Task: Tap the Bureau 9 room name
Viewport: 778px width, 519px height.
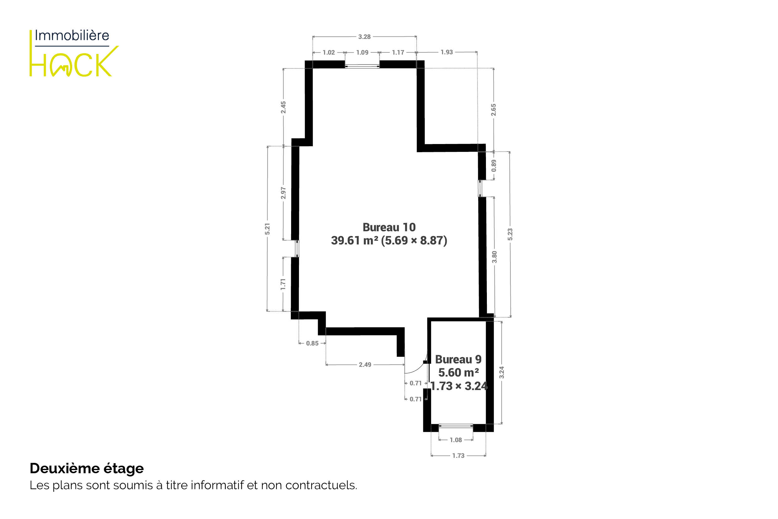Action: coord(458,360)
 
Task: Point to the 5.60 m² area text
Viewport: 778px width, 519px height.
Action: coord(458,373)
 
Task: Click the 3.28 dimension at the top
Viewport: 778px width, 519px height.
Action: coord(364,37)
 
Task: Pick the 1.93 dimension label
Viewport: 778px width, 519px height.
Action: coord(446,52)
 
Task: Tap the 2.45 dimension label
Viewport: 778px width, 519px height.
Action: coord(283,107)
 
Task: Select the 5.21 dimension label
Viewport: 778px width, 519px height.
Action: coord(267,229)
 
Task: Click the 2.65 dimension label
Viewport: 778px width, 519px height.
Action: coord(493,110)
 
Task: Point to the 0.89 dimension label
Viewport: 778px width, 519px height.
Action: coord(494,166)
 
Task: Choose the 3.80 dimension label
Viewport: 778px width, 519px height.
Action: coord(494,257)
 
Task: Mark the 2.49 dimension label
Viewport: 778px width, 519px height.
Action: coord(365,365)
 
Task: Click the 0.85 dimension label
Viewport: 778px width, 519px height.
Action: coord(312,344)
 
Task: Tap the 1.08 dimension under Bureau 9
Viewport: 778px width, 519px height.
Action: coord(456,440)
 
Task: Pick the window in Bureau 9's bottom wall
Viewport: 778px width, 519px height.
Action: coord(456,426)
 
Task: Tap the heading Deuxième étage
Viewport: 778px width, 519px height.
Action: coord(87,468)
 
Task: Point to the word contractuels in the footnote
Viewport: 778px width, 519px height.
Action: coord(321,485)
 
